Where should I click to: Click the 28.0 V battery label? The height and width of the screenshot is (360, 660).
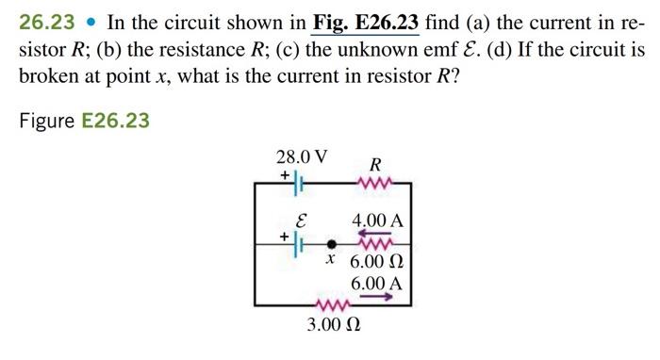click(x=302, y=156)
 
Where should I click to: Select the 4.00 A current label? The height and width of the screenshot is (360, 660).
click(x=377, y=221)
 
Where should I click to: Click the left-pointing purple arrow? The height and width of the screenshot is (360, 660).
click(x=373, y=234)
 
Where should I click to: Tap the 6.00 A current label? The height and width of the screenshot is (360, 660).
click(x=376, y=283)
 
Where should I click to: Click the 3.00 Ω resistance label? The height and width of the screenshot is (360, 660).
click(x=334, y=326)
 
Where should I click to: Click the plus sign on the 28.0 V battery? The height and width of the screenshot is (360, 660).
click(x=285, y=174)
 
